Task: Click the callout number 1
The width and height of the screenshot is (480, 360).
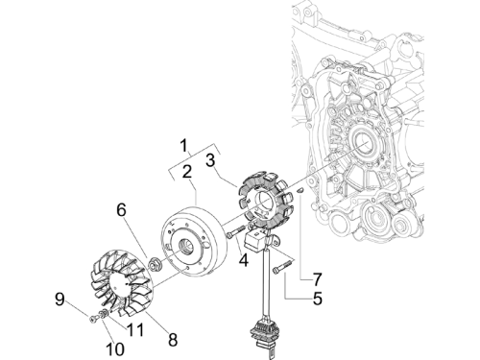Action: [183, 146]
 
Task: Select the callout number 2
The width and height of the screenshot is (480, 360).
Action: [187, 171]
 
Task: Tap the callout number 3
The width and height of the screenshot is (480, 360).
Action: [210, 160]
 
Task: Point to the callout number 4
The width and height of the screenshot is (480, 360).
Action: [244, 260]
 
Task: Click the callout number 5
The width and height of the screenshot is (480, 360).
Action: [317, 299]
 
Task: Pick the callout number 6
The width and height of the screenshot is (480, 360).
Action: [121, 210]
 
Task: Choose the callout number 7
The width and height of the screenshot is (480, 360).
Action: [317, 279]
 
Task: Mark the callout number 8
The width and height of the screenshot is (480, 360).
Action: [173, 339]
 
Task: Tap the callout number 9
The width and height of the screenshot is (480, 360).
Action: [60, 300]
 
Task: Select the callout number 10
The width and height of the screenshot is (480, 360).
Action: [114, 348]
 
